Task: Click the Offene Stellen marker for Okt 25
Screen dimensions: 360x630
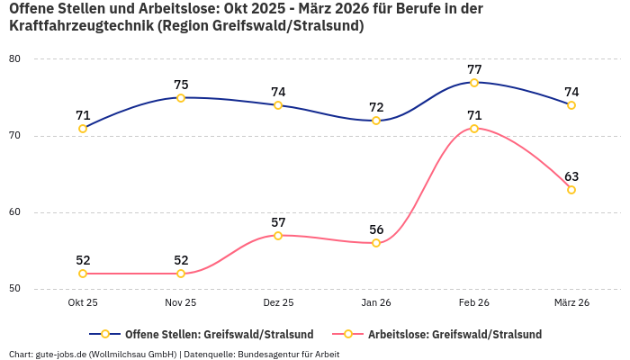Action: tap(83, 129)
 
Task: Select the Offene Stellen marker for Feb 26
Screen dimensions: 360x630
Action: tap(474, 83)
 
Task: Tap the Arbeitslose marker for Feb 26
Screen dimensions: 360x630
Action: tap(474, 129)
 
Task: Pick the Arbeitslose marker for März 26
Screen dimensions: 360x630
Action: tap(571, 190)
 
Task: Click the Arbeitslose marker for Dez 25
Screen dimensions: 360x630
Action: tap(278, 236)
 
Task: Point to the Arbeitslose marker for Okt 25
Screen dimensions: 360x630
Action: tap(83, 274)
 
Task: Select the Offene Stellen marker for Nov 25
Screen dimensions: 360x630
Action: tap(181, 98)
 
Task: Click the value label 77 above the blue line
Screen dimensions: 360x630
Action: tap(474, 69)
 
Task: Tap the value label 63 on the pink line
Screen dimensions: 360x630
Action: tap(571, 176)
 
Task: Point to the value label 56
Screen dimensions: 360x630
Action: tap(376, 229)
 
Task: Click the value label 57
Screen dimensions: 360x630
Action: tap(278, 222)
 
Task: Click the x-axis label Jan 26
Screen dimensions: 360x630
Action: tap(376, 303)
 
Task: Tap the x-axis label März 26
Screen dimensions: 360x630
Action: tap(571, 303)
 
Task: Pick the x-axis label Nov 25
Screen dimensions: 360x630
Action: tap(181, 303)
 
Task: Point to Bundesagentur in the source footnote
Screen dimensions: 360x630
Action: tap(269, 355)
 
